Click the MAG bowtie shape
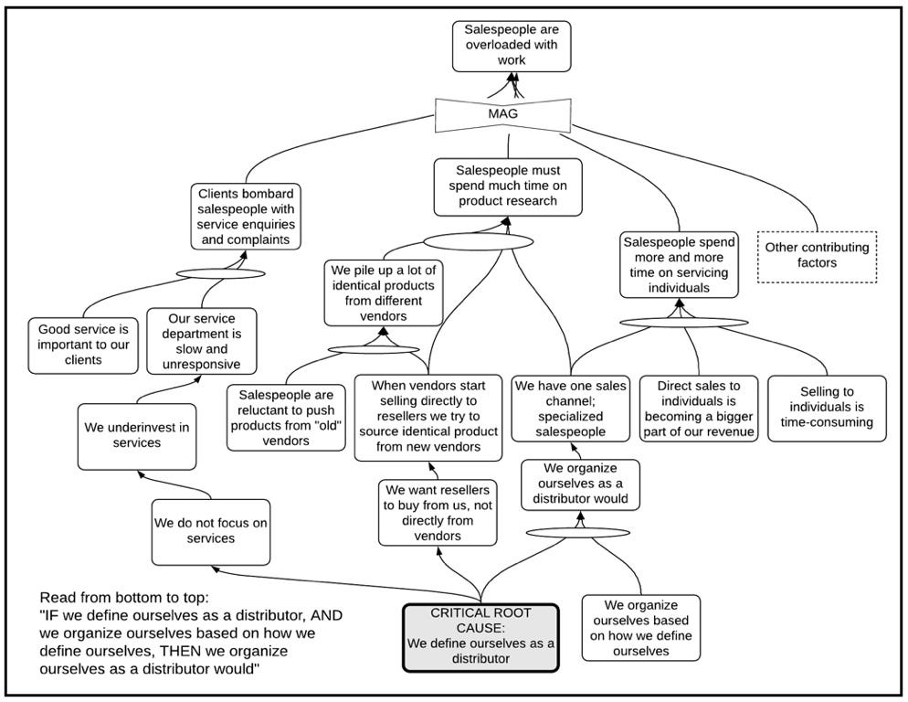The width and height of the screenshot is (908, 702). pos(502,114)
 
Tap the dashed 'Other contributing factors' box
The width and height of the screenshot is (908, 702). pos(817,257)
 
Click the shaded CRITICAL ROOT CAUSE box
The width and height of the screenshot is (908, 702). pos(480,638)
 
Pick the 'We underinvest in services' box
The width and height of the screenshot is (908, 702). pos(137,437)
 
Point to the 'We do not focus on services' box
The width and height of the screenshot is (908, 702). pos(211,532)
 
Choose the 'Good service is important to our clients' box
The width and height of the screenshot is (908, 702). pos(83,346)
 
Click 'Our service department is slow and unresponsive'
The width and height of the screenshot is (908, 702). pos(202,342)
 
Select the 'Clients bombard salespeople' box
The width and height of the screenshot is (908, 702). pos(246,217)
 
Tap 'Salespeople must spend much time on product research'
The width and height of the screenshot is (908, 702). pos(508,187)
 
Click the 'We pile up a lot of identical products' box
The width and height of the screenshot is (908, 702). pos(384,292)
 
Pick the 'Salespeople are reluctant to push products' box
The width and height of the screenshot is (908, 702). pos(286,418)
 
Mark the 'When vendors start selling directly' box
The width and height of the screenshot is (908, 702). pos(428,418)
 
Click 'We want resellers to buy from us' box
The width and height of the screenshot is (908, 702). pos(438,513)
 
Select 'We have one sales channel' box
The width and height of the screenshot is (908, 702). pos(570,409)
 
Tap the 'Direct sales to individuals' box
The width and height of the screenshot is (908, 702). pos(699,409)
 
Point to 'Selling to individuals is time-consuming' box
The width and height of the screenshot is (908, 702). pos(827,409)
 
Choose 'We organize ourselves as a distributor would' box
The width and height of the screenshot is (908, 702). pos(580,484)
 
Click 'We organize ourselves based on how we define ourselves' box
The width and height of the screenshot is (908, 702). pos(641,628)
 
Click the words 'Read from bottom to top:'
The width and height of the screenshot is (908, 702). pos(124,598)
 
